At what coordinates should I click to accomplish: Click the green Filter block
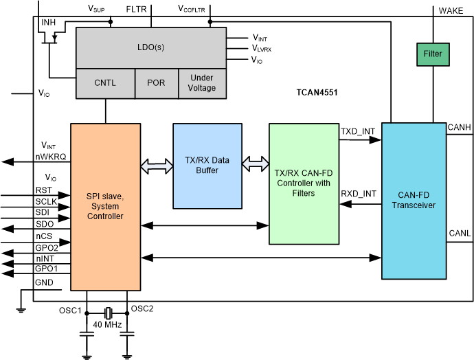point(433,54)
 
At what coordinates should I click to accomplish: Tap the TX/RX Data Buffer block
point(207,166)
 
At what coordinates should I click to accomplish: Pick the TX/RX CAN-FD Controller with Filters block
point(304,183)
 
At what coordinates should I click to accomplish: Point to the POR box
point(156,83)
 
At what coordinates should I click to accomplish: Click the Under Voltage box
point(201,83)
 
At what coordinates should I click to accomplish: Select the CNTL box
point(104,83)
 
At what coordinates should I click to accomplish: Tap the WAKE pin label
point(451,10)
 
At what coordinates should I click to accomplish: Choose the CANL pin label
point(458,234)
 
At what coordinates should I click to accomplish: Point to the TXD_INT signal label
point(359,130)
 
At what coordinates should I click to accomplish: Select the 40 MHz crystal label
point(108,324)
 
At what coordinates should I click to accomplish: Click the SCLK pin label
point(47,201)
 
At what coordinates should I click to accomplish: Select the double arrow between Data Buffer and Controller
point(255,164)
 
